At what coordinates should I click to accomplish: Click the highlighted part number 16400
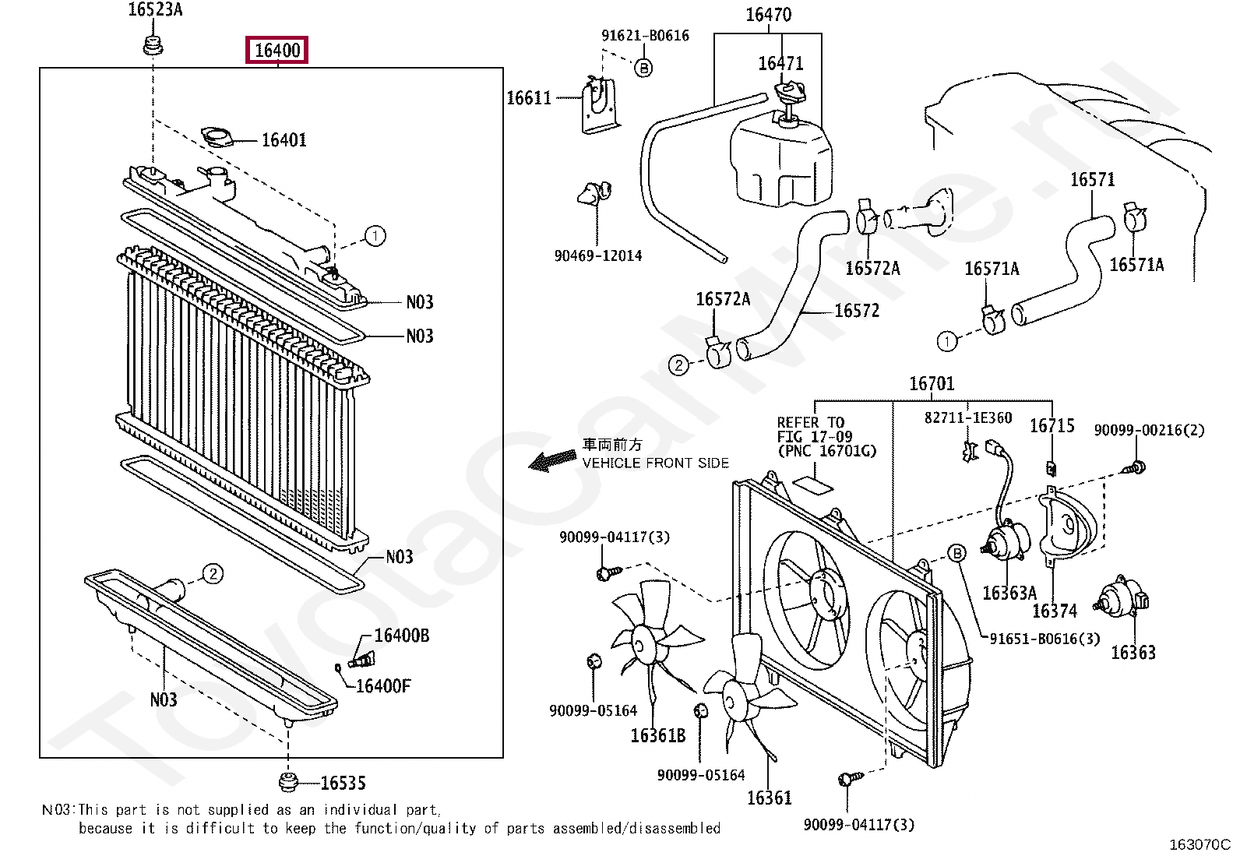[277, 51]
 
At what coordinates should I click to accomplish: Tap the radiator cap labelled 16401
[217, 137]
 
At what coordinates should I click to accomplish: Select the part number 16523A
[155, 9]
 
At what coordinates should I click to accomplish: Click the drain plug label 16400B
[402, 636]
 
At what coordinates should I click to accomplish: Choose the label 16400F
[383, 686]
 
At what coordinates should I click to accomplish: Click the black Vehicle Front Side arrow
[552, 460]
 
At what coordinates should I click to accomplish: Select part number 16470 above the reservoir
[768, 14]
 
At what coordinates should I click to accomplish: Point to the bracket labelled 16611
[599, 106]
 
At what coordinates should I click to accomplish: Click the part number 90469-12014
[598, 255]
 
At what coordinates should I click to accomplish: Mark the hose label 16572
[856, 311]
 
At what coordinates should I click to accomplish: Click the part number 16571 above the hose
[1092, 179]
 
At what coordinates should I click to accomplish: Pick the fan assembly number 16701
[932, 384]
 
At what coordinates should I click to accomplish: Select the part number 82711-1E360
[968, 417]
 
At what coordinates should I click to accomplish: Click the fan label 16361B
[658, 735]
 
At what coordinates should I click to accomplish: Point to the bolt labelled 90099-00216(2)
[1133, 468]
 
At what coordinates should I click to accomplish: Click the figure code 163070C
[1199, 844]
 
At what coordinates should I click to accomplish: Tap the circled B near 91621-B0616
[643, 68]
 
